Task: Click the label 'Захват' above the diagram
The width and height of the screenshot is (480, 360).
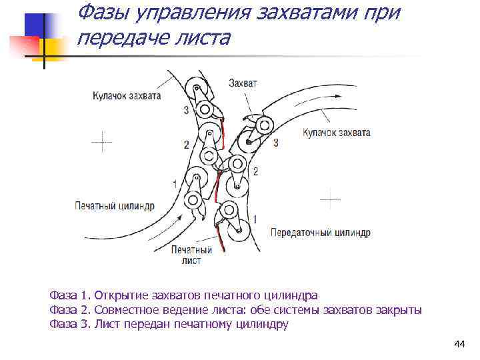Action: coord(242,83)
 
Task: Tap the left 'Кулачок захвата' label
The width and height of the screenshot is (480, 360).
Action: coord(127,96)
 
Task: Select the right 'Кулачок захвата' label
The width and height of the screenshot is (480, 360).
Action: coord(336,133)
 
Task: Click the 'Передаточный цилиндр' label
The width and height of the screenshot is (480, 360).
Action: coord(320,233)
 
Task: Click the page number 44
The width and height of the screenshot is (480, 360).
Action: coord(459,344)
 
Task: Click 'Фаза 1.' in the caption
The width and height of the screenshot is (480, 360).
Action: coord(69,295)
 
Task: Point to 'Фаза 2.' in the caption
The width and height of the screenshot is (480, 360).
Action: coord(69,310)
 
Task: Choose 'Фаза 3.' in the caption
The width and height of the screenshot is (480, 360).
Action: coord(69,325)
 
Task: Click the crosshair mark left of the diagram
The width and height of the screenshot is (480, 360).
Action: coord(101,141)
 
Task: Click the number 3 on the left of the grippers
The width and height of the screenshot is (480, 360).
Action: coord(185,110)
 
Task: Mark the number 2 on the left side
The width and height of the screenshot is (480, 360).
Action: coord(186,144)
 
